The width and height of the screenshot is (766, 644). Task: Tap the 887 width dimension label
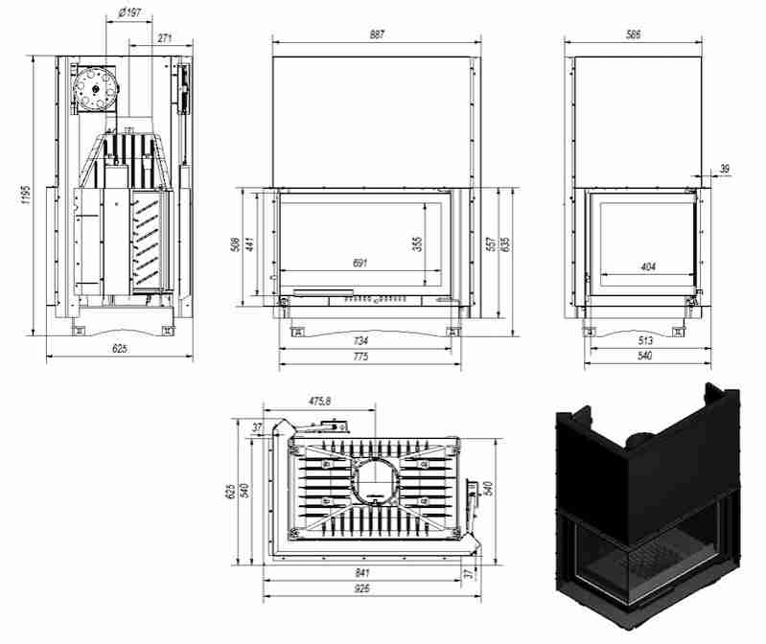[x=376, y=34]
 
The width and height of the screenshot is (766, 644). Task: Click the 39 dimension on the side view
[x=724, y=169]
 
